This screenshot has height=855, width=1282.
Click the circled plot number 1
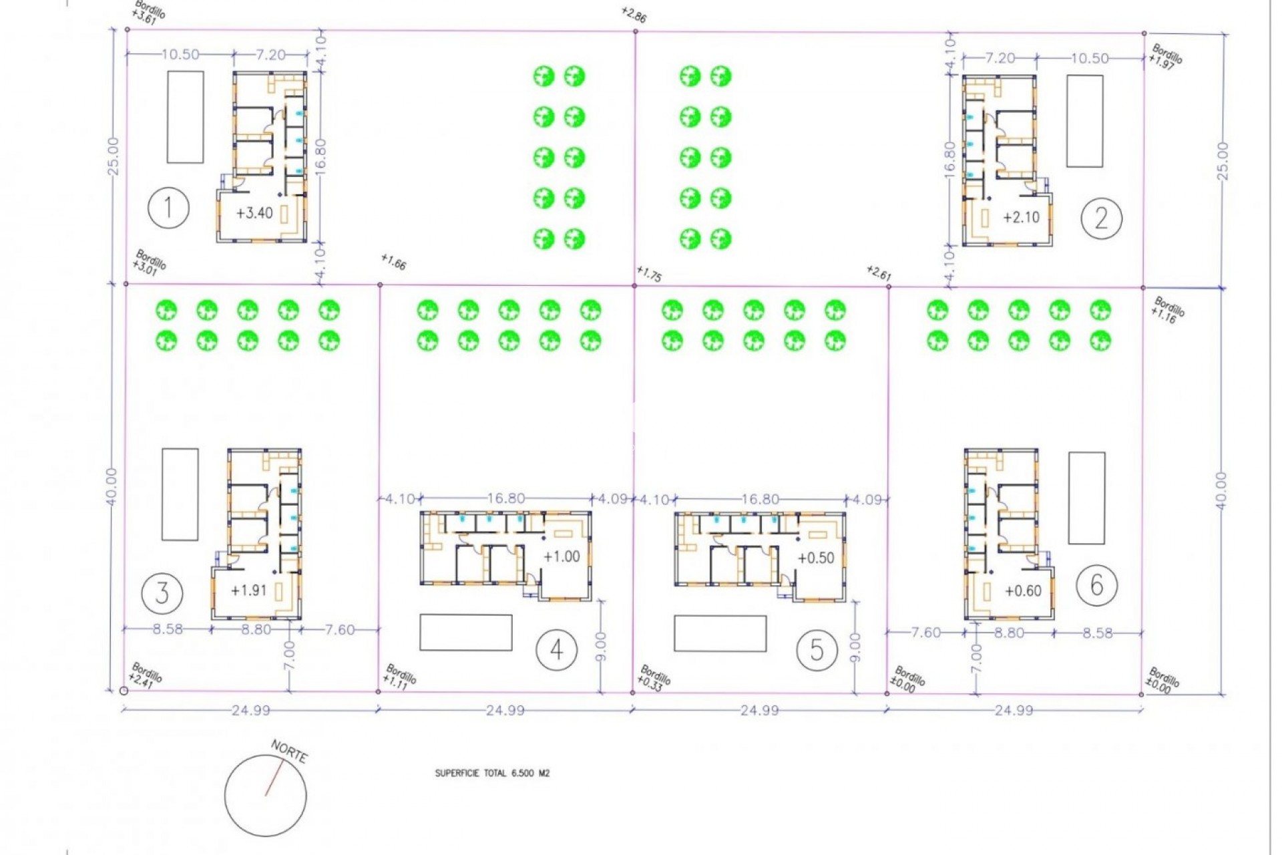[x=168, y=208]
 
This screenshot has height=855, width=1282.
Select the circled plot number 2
[x=1101, y=218]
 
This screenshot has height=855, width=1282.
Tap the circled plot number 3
[x=162, y=592]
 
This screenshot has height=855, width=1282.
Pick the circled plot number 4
[x=556, y=649]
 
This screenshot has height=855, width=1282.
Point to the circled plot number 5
[x=817, y=649]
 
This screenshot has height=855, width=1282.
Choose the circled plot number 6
[x=1096, y=585]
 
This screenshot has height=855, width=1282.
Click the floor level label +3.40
[x=254, y=213]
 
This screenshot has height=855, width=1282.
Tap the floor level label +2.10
[x=1021, y=217]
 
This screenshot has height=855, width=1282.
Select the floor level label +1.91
[x=248, y=590]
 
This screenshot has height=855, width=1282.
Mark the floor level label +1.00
[x=562, y=556]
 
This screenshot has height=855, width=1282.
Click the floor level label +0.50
[x=816, y=558]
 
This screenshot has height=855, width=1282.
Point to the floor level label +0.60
[x=1023, y=590]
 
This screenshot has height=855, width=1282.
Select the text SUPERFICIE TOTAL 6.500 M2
[x=492, y=773]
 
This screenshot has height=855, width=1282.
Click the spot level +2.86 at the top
[x=633, y=15]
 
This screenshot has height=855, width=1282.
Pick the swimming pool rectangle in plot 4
[x=465, y=632]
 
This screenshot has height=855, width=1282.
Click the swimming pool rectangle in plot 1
[x=185, y=117]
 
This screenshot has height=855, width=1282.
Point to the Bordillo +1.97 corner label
[x=1165, y=57]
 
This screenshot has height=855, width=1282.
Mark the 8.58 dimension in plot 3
[x=167, y=629]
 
